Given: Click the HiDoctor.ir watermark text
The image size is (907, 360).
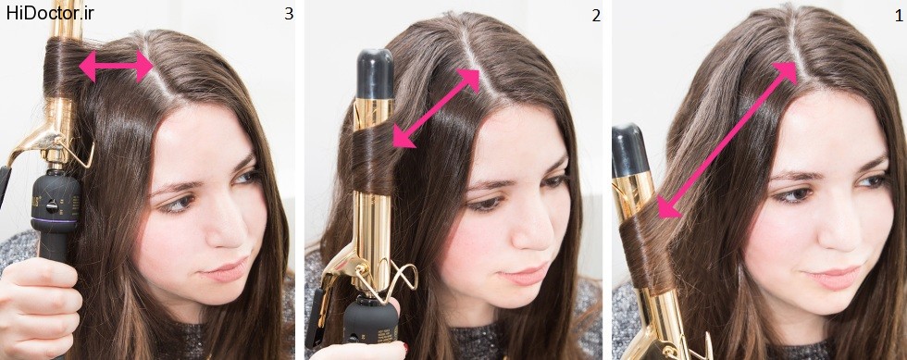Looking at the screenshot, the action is coord(50,14).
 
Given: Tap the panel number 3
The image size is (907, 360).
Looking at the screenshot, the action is coord(289,15).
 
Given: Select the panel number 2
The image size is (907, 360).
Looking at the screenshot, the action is coord(596,17).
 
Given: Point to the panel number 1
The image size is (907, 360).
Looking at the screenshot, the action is coord(899,16).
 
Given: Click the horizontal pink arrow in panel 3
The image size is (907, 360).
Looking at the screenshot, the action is coord(117,67).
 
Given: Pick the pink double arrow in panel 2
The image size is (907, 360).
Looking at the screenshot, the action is coord(437,107).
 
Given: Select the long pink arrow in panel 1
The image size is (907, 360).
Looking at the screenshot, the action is coord(728,139).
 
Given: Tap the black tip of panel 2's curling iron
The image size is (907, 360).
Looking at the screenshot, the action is coord(375,73).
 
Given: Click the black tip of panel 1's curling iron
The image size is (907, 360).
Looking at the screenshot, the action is coord(630,151).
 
